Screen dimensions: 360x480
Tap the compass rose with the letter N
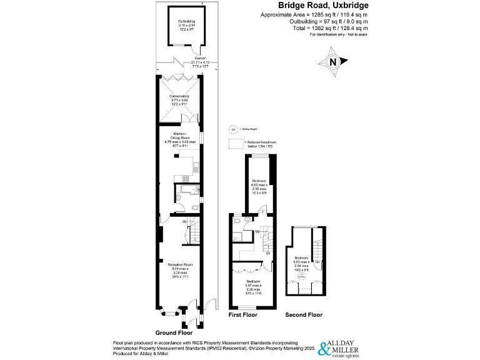point(332,62)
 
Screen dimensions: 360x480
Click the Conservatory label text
point(179,101)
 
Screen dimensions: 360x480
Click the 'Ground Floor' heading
point(174,333)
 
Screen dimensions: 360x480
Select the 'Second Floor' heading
point(304,315)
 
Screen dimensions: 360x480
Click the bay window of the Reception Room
point(167,309)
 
